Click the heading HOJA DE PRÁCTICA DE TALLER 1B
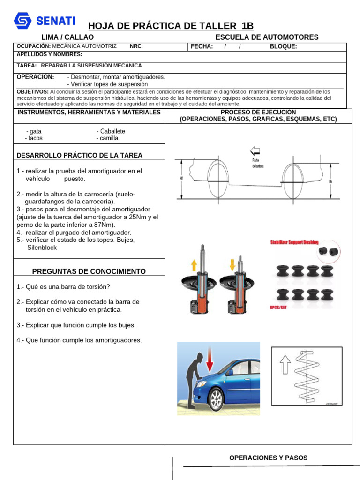tap(171, 26)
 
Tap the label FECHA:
tap(202, 46)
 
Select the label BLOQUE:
tap(283, 46)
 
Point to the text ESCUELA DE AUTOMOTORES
tap(266, 37)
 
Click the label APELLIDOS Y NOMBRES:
tap(49, 54)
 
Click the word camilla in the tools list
tap(110, 138)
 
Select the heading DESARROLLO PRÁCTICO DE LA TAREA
tap(79, 155)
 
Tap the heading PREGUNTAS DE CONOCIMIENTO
tap(89, 271)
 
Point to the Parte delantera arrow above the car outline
tap(255, 151)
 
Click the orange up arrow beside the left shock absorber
tap(194, 265)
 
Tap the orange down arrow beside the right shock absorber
tap(232, 263)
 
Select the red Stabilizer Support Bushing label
tap(294, 242)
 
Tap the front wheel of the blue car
tap(215, 400)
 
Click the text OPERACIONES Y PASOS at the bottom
tap(268, 458)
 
